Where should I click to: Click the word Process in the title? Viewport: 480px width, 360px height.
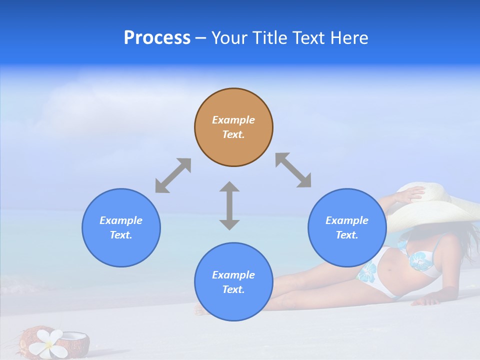[x=157, y=37]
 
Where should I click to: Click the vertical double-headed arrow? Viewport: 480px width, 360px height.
[x=229, y=205]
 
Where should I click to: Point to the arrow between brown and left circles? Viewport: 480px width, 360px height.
[x=173, y=175]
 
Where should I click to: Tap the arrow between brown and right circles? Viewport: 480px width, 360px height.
[x=293, y=170]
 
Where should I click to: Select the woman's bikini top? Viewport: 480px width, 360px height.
[x=422, y=261]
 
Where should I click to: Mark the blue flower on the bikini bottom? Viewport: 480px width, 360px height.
[x=366, y=271]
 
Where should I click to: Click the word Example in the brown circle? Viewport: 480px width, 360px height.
[x=233, y=120]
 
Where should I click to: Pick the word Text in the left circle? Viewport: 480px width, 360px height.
[x=121, y=235]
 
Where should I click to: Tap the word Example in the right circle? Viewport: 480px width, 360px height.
[x=347, y=220]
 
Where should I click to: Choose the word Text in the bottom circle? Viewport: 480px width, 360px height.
[x=233, y=289]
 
